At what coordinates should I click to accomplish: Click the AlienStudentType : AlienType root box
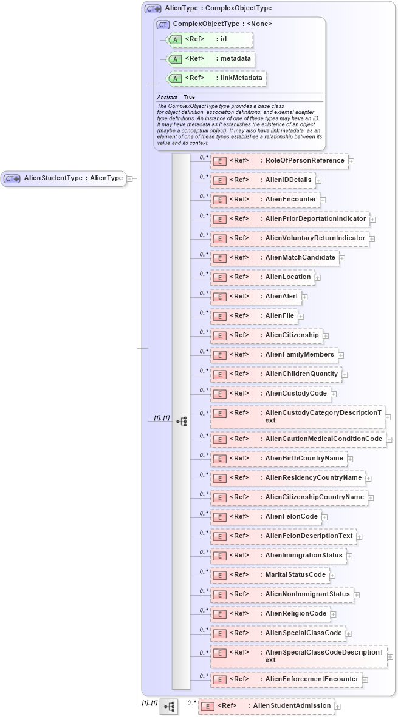64,178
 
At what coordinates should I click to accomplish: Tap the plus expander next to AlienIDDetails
318,181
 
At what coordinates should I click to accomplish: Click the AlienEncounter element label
290,199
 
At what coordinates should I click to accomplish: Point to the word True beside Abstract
189,97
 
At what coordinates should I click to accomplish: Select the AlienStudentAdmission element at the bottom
267,706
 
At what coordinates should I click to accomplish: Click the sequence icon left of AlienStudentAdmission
169,706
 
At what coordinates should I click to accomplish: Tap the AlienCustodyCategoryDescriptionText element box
298,417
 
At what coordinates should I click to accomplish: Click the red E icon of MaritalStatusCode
219,575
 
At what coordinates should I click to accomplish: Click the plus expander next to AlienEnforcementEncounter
365,680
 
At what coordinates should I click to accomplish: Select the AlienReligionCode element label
296,613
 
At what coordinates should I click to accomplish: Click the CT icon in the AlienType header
153,8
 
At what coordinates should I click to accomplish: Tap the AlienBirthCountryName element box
279,458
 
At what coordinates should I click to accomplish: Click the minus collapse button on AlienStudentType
131,178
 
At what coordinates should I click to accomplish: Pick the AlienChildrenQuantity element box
276,374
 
